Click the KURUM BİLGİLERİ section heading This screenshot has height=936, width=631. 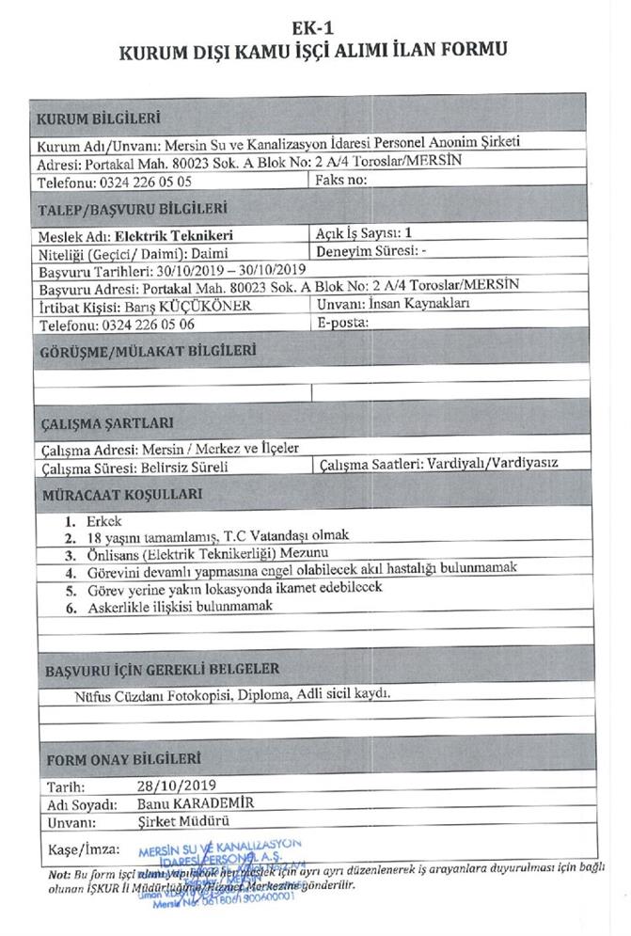(99, 119)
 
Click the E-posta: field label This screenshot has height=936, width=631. (343, 322)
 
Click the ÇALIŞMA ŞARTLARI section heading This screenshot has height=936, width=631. (107, 424)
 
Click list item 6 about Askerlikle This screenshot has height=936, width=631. (179, 608)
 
